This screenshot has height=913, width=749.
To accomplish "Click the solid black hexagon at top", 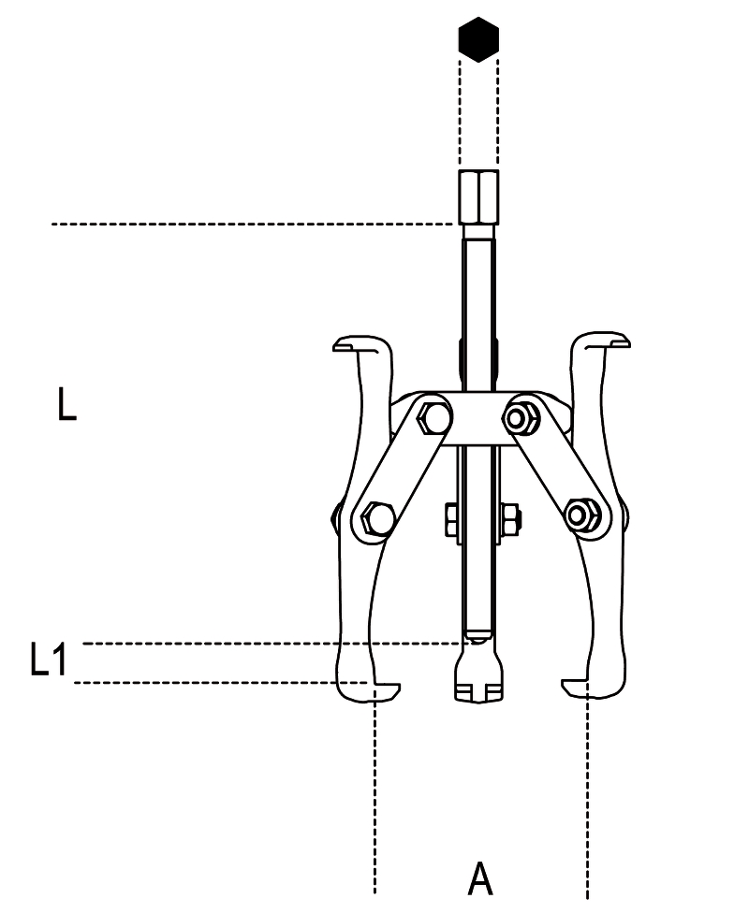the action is (x=478, y=39).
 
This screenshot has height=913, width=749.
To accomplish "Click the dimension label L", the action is (x=67, y=406).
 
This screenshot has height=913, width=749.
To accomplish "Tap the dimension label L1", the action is (x=49, y=659).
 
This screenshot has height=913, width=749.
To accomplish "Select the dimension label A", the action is (x=479, y=879).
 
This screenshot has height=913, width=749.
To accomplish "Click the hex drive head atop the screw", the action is (x=478, y=196).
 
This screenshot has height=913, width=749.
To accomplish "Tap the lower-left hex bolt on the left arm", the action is (x=374, y=516).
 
